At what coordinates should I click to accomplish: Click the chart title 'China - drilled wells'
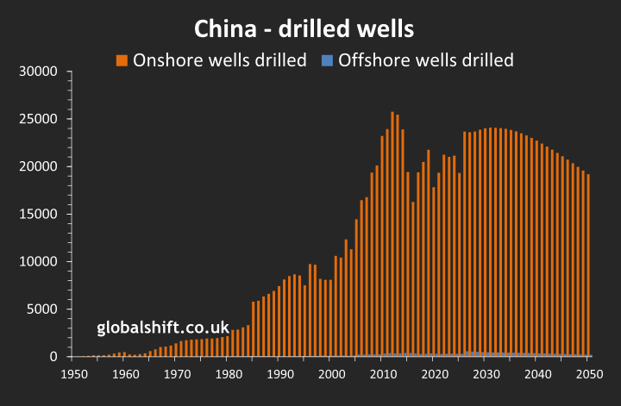pos(304,29)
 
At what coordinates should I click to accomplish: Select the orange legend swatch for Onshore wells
pos(122,60)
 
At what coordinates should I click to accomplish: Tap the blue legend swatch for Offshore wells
pos(327,60)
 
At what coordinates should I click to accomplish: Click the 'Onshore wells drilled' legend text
pos(219,60)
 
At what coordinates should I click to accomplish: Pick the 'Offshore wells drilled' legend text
pos(426,60)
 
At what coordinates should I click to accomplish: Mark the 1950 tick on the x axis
pos(75,375)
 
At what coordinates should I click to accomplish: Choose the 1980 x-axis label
pos(229,375)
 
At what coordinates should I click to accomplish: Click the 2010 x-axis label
pos(382,375)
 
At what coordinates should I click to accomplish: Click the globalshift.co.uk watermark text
pos(163,328)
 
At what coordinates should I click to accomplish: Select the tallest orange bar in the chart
pos(392,233)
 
